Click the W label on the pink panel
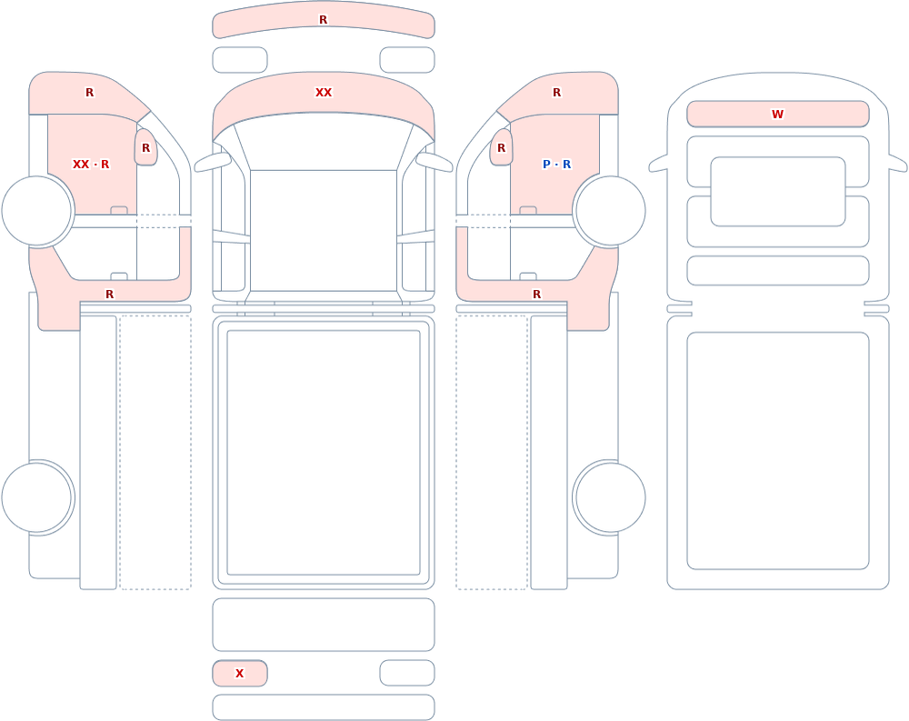[x=777, y=115]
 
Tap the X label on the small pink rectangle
[x=239, y=674]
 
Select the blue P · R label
[x=556, y=165]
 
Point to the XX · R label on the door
[x=91, y=165]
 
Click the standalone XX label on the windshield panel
[x=324, y=92]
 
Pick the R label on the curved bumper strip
[x=324, y=20]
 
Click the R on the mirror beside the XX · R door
[x=146, y=148]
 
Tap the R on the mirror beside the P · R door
[x=502, y=148]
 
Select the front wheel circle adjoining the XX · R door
[x=37, y=211]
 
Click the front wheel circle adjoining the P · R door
[x=609, y=211]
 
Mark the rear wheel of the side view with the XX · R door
[x=37, y=497]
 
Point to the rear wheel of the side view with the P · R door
[x=609, y=497]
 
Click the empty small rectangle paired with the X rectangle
[x=407, y=673]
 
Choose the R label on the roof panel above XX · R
[x=89, y=92]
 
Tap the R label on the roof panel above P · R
[x=556, y=92]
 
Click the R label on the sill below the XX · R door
[x=110, y=294]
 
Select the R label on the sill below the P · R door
[x=537, y=294]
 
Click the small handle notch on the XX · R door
[x=119, y=210]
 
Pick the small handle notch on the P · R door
[x=528, y=210]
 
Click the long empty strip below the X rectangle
[x=324, y=707]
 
